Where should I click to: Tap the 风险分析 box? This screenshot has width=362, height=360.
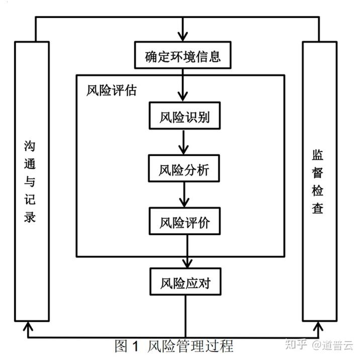coord(184,170)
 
